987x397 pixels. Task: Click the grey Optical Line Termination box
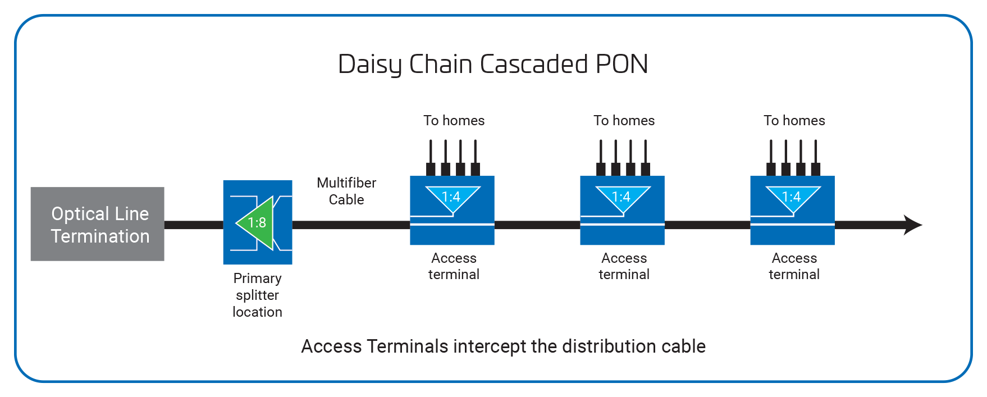[97, 224]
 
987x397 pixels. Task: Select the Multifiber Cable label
[346, 191]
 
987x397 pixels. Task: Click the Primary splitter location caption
[257, 295]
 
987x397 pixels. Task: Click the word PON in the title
[622, 64]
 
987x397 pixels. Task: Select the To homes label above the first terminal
[454, 121]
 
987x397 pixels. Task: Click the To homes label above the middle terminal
[624, 121]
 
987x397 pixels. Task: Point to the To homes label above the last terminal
[794, 121]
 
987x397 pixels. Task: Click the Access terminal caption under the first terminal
[454, 266]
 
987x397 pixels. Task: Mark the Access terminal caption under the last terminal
[794, 266]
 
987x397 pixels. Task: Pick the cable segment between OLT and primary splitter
[193, 225]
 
